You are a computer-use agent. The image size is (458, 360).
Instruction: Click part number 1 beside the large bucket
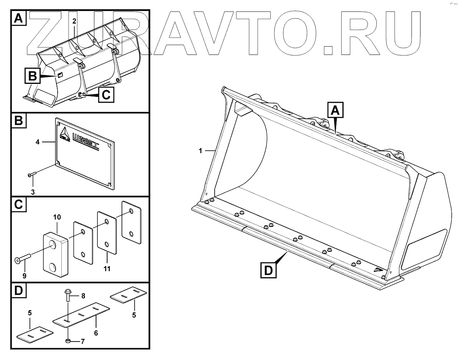click(x=200, y=151)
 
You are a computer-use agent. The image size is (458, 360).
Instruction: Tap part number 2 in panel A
click(x=74, y=21)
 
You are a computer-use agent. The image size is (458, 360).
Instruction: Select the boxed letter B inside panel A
click(x=33, y=76)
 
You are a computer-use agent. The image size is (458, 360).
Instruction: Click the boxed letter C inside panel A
click(x=106, y=95)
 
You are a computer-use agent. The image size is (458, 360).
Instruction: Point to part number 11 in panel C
click(x=107, y=269)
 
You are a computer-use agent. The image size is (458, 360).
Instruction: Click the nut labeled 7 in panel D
click(x=68, y=340)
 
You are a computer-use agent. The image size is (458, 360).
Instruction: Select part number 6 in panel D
click(x=96, y=333)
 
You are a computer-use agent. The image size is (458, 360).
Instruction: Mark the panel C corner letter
click(x=18, y=204)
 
